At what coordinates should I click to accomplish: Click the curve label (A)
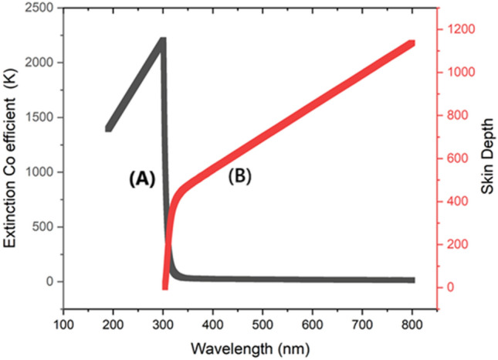[x=142, y=179]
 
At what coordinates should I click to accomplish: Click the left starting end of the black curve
[x=109, y=128]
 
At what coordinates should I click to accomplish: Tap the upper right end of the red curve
[x=412, y=42]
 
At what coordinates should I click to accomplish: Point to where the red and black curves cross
[x=168, y=246]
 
